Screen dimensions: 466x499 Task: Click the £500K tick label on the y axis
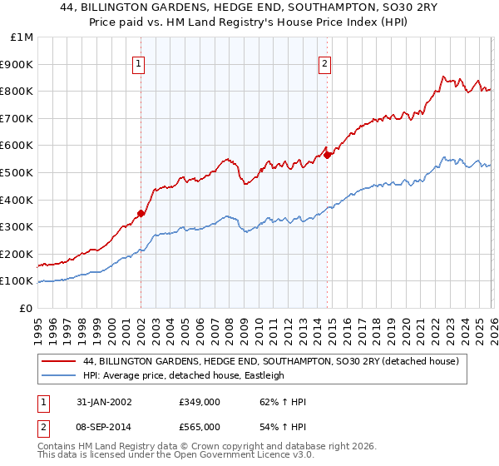(17, 172)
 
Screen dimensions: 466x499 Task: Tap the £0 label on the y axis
(25, 308)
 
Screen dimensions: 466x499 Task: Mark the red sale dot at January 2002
(141, 213)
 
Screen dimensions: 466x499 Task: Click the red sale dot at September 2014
(327, 154)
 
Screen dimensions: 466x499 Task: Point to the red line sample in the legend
(60, 362)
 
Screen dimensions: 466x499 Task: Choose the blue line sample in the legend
(60, 375)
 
